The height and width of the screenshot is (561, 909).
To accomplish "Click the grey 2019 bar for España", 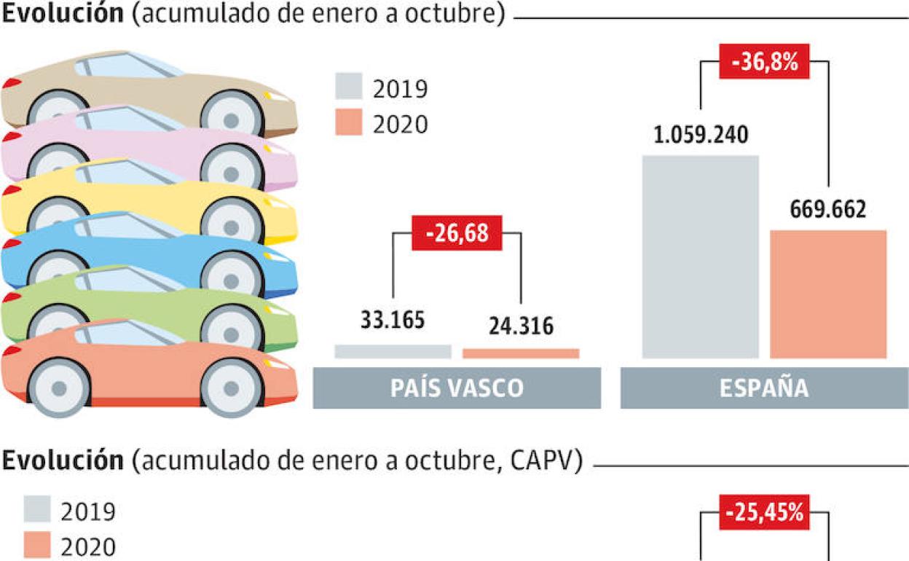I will [700, 256].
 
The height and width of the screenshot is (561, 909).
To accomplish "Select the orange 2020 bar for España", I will [828, 294].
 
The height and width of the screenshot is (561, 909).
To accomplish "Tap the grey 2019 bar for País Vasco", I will [393, 351].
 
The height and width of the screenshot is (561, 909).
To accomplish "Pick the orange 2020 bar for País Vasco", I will [521, 353].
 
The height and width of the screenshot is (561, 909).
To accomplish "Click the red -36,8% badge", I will [764, 63].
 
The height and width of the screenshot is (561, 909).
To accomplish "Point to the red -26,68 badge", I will [457, 233].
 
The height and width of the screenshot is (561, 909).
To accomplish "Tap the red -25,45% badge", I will [764, 512].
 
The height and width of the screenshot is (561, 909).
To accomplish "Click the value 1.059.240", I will [701, 136].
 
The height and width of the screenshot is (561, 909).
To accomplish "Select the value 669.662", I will [828, 211].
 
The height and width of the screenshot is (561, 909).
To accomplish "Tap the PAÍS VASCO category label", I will [457, 388].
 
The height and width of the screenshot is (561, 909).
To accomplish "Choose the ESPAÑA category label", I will [764, 388].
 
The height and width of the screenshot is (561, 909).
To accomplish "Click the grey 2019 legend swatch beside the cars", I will [349, 86].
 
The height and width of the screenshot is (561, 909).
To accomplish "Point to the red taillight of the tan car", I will [10, 85].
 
